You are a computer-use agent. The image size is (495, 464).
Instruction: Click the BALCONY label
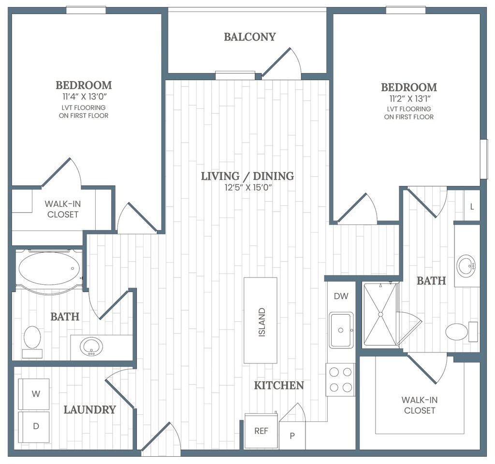click(x=250, y=37)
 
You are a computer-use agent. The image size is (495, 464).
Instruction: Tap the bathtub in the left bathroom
click(x=49, y=269)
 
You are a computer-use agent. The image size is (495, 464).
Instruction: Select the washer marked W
click(x=34, y=393)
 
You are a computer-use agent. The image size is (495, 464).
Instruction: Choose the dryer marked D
click(x=34, y=427)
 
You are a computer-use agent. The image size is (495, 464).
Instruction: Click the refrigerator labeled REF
click(x=261, y=431)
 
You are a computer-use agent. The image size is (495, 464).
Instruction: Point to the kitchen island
click(x=261, y=320)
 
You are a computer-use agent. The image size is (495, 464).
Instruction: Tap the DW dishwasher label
click(x=341, y=296)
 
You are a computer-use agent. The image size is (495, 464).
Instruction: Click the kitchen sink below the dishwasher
click(x=341, y=330)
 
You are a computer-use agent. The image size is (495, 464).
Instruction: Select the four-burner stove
click(x=341, y=380)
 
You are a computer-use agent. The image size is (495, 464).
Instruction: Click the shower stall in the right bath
click(x=380, y=314)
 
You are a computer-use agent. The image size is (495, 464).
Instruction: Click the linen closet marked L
click(x=472, y=207)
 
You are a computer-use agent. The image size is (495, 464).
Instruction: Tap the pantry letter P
click(x=292, y=435)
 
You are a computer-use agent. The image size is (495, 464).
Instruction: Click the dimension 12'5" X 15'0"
click(x=248, y=188)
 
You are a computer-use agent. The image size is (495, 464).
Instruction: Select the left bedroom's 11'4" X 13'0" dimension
click(x=83, y=97)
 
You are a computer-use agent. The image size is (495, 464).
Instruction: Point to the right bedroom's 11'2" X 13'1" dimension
click(x=409, y=99)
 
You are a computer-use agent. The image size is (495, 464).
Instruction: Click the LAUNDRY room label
click(x=89, y=410)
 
